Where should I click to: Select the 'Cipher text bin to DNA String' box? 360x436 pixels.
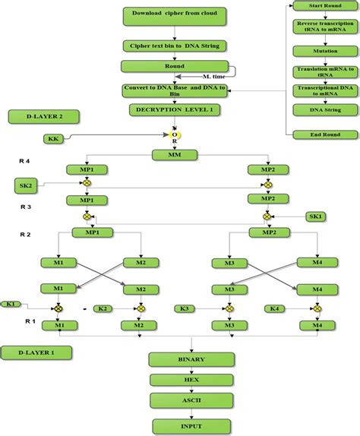174,46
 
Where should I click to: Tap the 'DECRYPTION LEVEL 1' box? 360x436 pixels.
174,109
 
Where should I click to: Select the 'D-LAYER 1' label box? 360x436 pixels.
36,352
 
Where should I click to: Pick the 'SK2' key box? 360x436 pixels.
27,185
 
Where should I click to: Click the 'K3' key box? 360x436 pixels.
184,308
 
